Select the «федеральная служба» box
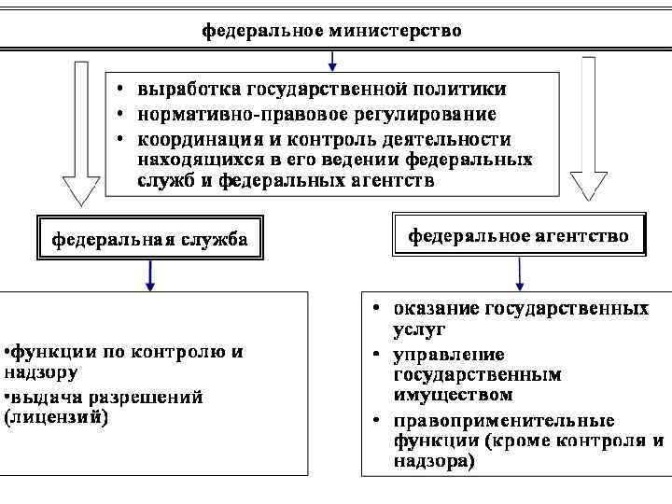(x=149, y=239)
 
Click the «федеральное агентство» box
(x=519, y=235)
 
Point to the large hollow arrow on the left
(x=80, y=131)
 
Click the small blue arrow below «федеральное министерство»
(x=333, y=61)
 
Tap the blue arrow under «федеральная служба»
(x=149, y=273)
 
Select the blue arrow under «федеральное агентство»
(x=520, y=272)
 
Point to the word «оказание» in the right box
(x=435, y=307)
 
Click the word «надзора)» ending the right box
(x=433, y=461)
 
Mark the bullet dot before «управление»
(x=373, y=355)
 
